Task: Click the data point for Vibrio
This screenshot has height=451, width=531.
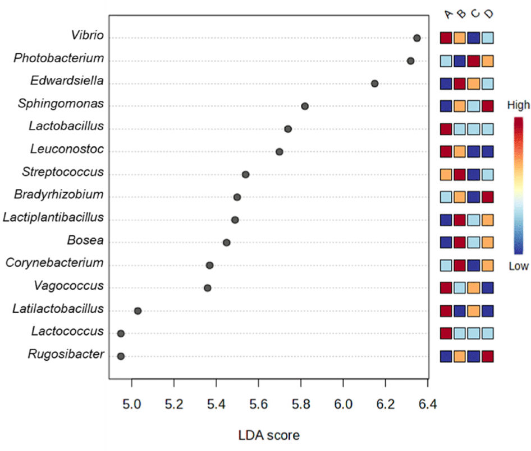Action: pyautogui.click(x=416, y=38)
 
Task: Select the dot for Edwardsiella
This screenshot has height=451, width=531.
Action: pyautogui.click(x=374, y=83)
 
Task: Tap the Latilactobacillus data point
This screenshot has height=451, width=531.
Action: pyautogui.click(x=138, y=311)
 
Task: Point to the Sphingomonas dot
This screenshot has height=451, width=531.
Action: pyautogui.click(x=305, y=106)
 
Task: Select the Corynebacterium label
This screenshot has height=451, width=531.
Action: pyautogui.click(x=55, y=263)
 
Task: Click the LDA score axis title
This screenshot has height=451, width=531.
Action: pyautogui.click(x=269, y=435)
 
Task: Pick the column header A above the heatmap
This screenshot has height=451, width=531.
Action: pyautogui.click(x=447, y=13)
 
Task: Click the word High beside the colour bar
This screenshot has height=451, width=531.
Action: pyautogui.click(x=518, y=105)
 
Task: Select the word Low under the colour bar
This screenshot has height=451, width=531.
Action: pyautogui.click(x=518, y=266)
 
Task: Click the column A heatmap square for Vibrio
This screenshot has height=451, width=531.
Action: pyautogui.click(x=446, y=38)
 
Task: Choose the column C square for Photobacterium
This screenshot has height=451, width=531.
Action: pyautogui.click(x=474, y=61)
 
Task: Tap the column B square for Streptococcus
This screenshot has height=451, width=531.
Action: pyautogui.click(x=460, y=175)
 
